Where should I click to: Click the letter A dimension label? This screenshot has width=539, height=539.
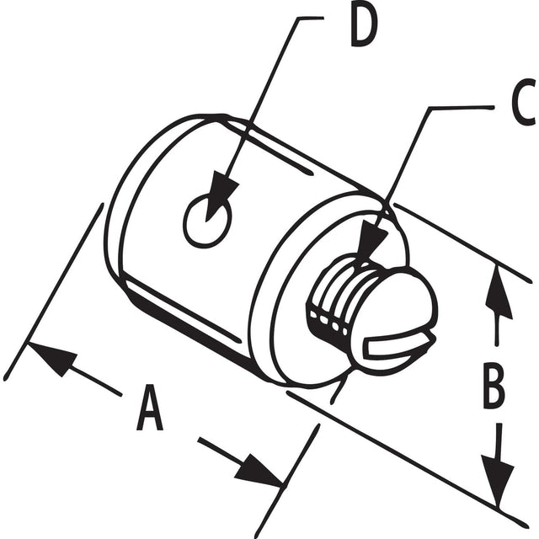tap(151, 407)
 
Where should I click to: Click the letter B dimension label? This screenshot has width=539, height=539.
tap(495, 386)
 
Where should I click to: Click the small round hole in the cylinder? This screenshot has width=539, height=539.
tap(206, 221)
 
